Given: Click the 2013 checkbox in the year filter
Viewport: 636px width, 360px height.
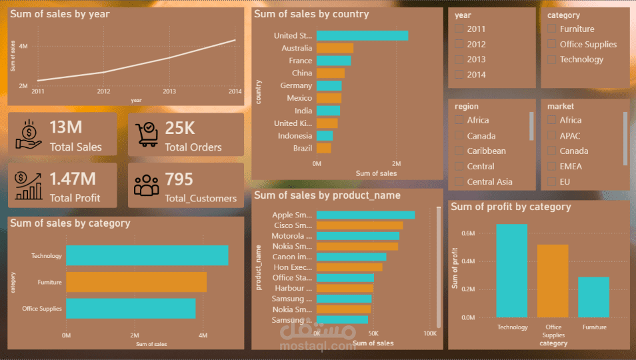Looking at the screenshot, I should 458,59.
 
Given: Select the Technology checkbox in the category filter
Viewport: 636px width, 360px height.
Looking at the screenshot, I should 551,59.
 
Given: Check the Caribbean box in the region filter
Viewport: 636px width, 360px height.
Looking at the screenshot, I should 458,151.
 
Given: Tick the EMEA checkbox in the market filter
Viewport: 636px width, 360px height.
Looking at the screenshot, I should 551,166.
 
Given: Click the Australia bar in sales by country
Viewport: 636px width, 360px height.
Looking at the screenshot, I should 335,48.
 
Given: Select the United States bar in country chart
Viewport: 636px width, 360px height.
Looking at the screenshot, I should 362,35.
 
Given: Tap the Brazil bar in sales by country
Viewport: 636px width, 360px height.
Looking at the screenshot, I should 323,148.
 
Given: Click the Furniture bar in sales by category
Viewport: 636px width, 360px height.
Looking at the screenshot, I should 136,282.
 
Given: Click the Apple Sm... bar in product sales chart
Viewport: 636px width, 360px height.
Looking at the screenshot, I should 365,215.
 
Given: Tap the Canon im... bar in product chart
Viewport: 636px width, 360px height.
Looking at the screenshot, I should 351,257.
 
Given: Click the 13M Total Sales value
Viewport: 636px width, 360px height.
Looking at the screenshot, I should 65,127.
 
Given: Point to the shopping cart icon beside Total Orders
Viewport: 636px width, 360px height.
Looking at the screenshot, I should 146,133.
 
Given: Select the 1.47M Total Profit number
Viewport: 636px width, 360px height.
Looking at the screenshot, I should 73,179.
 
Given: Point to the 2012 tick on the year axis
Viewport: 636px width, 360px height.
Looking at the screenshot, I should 103,91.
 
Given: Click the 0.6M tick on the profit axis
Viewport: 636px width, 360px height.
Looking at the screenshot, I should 468,233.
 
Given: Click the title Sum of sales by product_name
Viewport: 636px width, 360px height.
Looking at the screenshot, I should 327,195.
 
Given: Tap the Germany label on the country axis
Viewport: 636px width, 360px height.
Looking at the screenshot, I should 296,85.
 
